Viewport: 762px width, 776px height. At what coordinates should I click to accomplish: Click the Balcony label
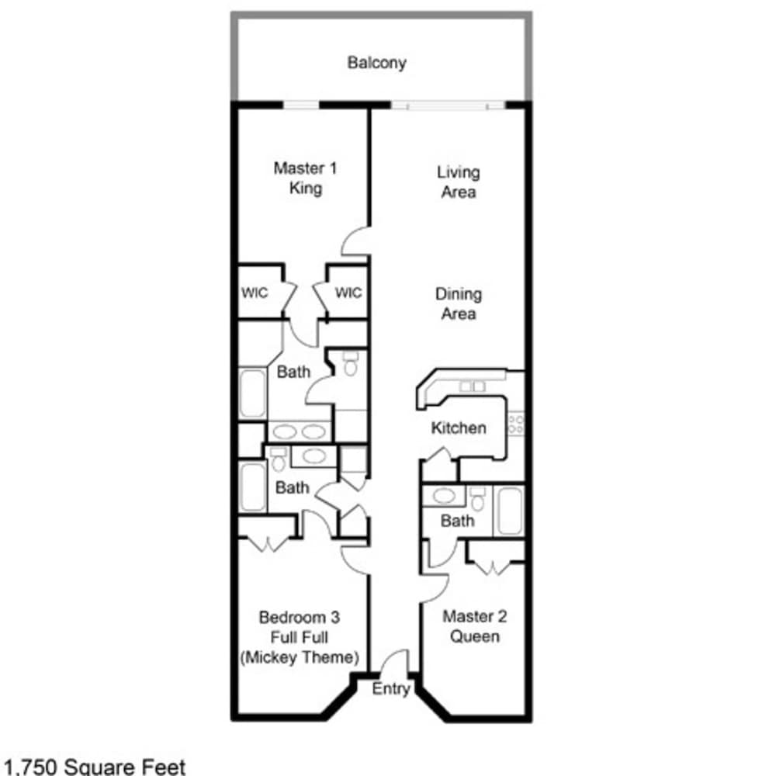point(376,63)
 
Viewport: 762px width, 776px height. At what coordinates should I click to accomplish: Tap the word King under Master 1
point(306,189)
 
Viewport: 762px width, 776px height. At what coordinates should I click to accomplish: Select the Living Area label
point(458,182)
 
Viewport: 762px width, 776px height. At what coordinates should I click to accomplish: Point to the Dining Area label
point(458,303)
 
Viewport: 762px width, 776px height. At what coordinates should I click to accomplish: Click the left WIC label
point(255,293)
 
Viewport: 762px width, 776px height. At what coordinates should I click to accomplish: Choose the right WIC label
point(348,293)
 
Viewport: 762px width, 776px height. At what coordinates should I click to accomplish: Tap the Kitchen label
point(458,428)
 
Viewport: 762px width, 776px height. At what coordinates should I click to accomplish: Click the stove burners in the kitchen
point(515,424)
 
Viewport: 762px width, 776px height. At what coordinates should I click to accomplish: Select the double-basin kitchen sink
point(472,386)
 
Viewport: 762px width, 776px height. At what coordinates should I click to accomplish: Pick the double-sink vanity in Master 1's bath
point(300,431)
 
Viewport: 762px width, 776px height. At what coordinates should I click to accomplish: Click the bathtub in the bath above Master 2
point(510,511)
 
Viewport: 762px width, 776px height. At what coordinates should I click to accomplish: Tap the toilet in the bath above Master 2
point(477,499)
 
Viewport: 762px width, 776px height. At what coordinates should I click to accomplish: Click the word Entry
point(391,688)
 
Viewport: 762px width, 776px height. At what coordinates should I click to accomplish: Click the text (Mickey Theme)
point(300,657)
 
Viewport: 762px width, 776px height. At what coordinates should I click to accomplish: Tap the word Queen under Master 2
point(475,636)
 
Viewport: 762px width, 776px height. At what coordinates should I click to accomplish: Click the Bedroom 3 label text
point(300,617)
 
